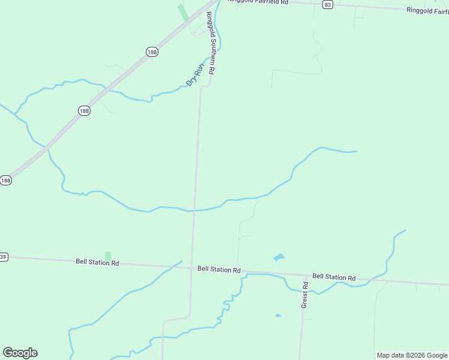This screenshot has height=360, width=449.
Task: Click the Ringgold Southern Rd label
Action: point(211,43)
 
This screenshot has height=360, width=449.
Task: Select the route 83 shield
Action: point(327,4)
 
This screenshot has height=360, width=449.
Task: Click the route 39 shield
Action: point(4,257)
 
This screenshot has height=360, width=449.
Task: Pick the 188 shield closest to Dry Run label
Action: point(152,52)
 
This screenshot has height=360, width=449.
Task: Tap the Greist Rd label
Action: point(305,295)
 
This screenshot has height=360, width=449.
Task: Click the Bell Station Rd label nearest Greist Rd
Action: point(334,277)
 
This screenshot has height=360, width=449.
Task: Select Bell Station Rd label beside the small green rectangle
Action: point(97,262)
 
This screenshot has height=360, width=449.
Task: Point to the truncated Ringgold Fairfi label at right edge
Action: point(427,10)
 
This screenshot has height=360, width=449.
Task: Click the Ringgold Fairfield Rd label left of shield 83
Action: point(258,2)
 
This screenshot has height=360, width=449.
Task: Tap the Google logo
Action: point(20,353)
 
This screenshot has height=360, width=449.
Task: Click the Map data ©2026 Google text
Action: point(412,355)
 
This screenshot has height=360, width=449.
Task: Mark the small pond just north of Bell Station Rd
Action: point(279,257)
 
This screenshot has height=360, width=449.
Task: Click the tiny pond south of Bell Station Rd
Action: point(279,315)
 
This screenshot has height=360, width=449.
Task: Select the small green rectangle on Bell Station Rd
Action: point(108,256)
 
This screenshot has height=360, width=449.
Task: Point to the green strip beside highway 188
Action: point(182,12)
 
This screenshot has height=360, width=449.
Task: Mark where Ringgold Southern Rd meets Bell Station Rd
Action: point(193,268)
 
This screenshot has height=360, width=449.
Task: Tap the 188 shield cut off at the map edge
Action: point(5,180)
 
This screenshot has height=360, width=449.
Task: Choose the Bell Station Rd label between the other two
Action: point(218,269)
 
